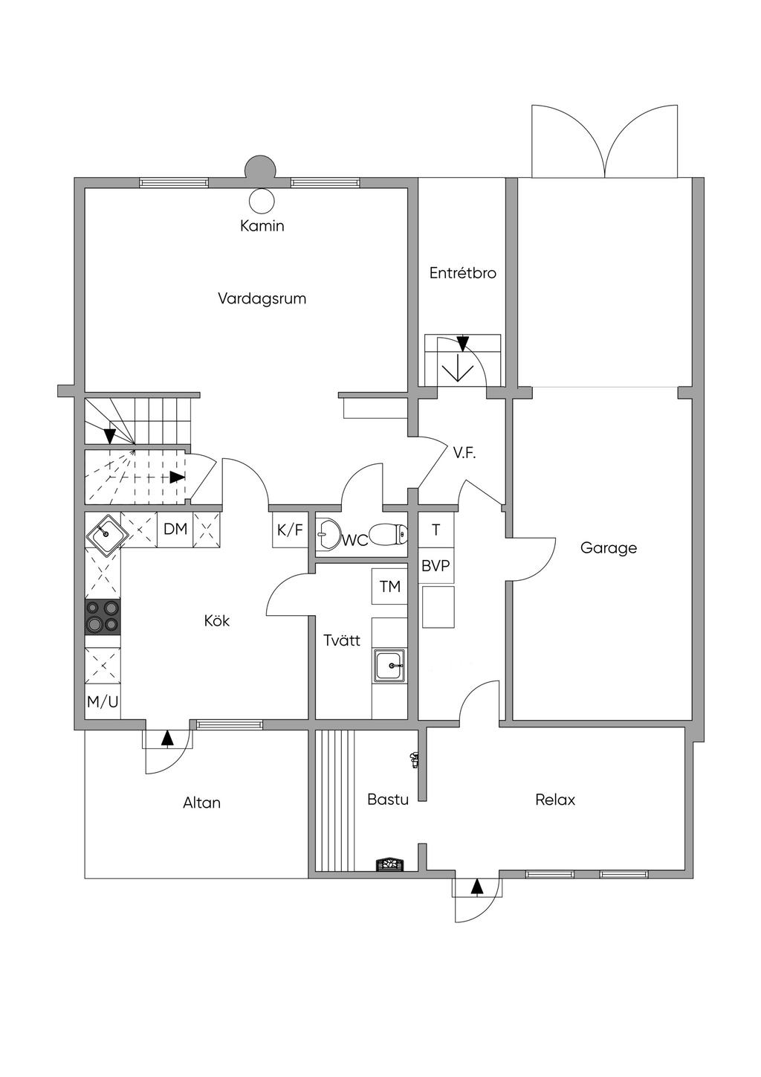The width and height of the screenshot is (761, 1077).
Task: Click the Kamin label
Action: (x=262, y=225)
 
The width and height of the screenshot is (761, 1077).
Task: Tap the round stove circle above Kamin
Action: (x=262, y=200)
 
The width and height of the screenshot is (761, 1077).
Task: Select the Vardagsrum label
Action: (x=262, y=298)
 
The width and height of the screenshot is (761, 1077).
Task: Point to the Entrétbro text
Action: (x=463, y=273)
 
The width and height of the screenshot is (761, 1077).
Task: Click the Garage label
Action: (x=608, y=547)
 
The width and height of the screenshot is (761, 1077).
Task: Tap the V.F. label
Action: (x=464, y=452)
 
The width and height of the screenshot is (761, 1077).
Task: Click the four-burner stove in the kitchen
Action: (x=103, y=617)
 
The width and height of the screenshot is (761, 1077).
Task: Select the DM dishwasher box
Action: (x=175, y=530)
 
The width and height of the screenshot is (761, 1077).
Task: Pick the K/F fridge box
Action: (x=290, y=530)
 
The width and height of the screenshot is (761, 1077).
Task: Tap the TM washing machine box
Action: (x=389, y=586)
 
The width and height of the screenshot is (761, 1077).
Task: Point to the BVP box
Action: (x=435, y=565)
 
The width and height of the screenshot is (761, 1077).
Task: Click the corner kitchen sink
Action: (x=106, y=533)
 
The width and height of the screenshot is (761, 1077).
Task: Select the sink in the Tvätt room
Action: (x=390, y=666)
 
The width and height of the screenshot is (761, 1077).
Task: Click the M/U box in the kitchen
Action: (x=103, y=702)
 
